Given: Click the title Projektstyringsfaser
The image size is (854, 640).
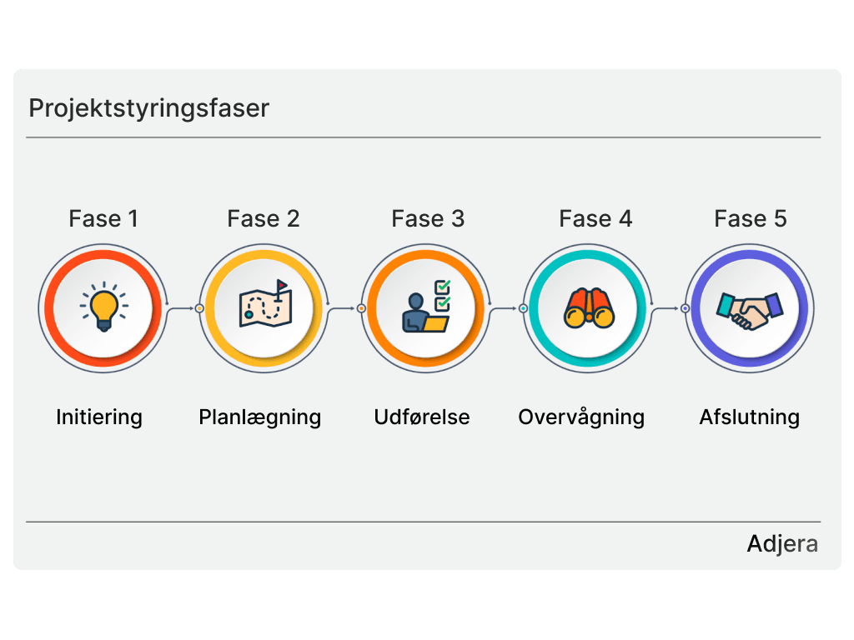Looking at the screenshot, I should coord(148,108).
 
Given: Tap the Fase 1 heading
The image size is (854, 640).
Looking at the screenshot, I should coord(103,218).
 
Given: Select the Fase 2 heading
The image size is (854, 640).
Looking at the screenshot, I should coord(264,218).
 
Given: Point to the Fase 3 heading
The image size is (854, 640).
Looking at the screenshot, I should coord(428,218).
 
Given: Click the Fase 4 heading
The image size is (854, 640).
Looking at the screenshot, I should coord(595,218).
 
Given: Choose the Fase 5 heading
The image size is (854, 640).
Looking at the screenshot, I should coord(751,218).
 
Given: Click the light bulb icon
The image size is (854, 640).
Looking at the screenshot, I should coord(103,308).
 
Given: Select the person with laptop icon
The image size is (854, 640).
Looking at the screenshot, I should coord(426,307).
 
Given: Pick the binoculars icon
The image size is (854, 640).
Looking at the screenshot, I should coord(589,308).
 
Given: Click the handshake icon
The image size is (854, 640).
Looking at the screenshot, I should coord(750,309).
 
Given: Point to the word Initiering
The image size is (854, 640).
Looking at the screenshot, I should coord(99,417).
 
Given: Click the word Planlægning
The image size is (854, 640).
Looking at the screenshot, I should coord(260,417).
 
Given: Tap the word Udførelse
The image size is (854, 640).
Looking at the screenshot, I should coord(422,417).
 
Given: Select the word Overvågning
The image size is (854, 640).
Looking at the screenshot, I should coord(581,417).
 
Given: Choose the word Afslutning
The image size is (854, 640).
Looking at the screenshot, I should coord(750,417).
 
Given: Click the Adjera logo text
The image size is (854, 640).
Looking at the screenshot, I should coord(782,544).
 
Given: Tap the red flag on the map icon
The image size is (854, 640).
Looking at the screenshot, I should coord(283,285).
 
